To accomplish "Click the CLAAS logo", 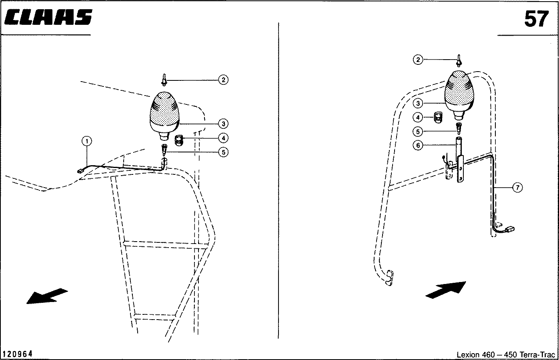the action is tap(48, 17).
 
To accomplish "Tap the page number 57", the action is tap(537, 19).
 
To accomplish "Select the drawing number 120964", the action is tap(18, 354).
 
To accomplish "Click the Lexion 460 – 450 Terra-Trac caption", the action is tap(506, 354).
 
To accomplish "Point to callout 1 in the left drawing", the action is tap(87, 142).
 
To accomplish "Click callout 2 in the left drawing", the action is tap(223, 80).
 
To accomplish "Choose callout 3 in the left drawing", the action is tap(223, 124).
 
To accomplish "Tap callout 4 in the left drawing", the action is tap(223, 138).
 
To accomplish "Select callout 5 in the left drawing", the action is tap(223, 152).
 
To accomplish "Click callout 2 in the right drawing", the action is tap(418, 60).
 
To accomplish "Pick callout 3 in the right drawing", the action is tap(418, 103).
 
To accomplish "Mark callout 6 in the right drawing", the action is tap(418, 145).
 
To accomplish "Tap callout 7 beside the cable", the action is tap(517, 187).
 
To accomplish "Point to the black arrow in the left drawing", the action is tap(46, 296).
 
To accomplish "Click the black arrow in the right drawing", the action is tap(446, 290).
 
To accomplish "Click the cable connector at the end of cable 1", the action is tap(80, 171).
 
